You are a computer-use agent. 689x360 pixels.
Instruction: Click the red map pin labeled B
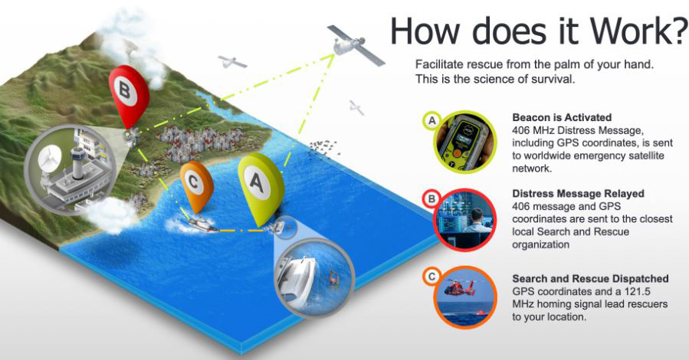(128, 97)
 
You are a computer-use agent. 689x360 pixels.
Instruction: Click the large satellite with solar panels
(351, 44)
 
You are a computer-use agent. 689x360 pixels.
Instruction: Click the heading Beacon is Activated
(562, 117)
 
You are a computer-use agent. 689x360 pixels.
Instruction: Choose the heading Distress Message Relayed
(579, 194)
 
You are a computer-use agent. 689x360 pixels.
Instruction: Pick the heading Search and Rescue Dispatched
(591, 278)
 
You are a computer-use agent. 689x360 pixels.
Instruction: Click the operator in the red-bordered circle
(477, 221)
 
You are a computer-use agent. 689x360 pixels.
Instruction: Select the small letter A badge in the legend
(432, 119)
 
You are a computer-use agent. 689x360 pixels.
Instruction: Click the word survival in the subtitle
(553, 80)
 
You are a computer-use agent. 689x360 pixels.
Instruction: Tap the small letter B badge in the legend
(432, 199)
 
